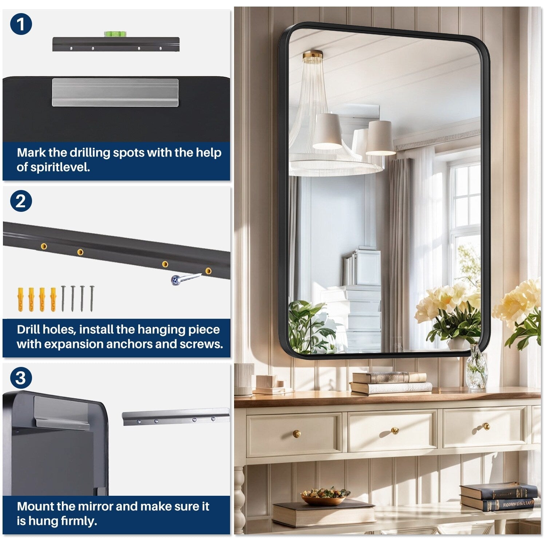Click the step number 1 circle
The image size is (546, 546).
tap(21, 24)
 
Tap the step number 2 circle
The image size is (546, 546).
tap(21, 201)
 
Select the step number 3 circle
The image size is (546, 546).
tap(21, 378)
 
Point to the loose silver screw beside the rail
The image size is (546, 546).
tap(184, 279)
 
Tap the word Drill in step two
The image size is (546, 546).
tap(28, 329)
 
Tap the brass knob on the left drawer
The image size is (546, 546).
tap(297, 434)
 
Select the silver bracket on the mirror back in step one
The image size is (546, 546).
tap(115, 92)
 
